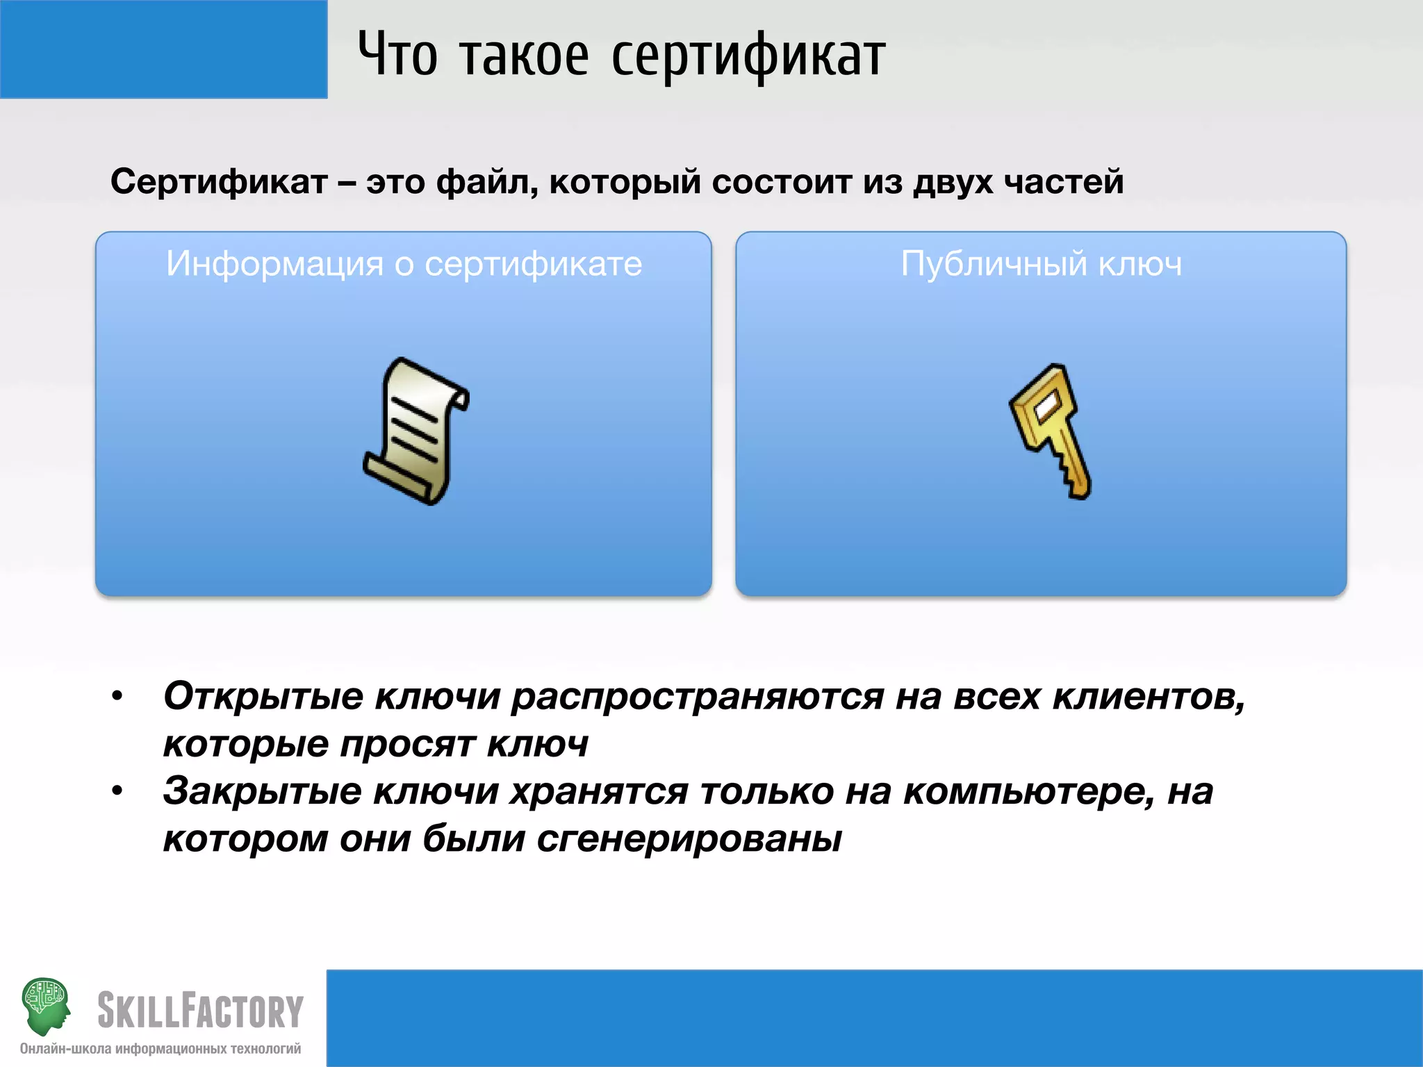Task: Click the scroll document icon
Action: pos(416,431)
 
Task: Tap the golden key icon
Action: pos(1051,431)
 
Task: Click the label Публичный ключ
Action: pos(1041,264)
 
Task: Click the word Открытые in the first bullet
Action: pos(263,696)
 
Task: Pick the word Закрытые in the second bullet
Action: pos(262,791)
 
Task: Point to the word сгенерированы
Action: pos(689,839)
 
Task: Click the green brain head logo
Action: pos(46,1005)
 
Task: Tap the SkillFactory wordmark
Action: pos(200,1011)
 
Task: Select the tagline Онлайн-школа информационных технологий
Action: pos(161,1049)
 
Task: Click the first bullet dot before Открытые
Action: pos(117,696)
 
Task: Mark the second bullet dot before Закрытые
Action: pos(117,791)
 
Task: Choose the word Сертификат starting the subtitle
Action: pos(219,182)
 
